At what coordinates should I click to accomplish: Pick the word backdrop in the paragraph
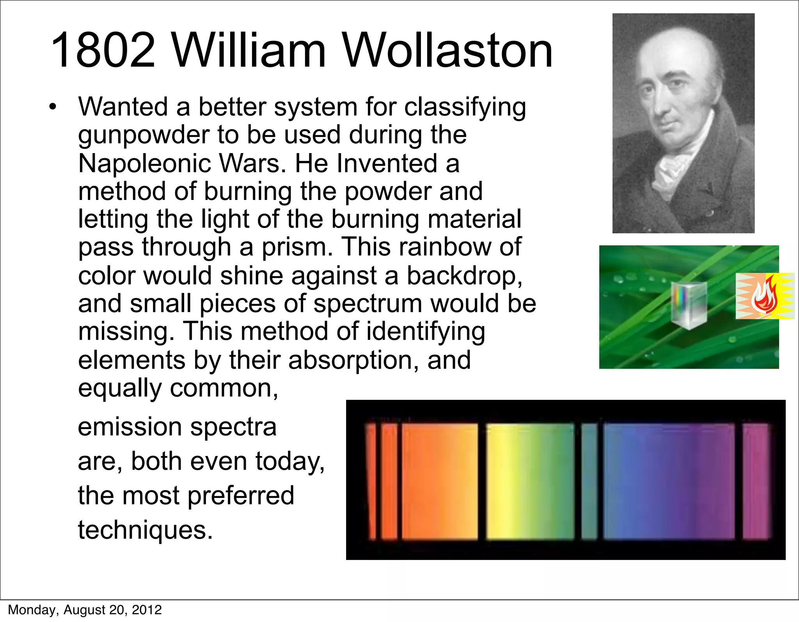[x=464, y=275]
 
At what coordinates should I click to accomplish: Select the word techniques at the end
[x=145, y=530]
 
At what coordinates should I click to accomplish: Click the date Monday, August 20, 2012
[x=85, y=610]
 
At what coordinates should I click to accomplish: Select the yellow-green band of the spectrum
[x=530, y=481]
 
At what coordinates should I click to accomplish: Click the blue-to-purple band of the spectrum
[x=668, y=481]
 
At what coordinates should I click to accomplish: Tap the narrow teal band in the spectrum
[x=589, y=481]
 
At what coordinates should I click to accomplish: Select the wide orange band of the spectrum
[x=440, y=481]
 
